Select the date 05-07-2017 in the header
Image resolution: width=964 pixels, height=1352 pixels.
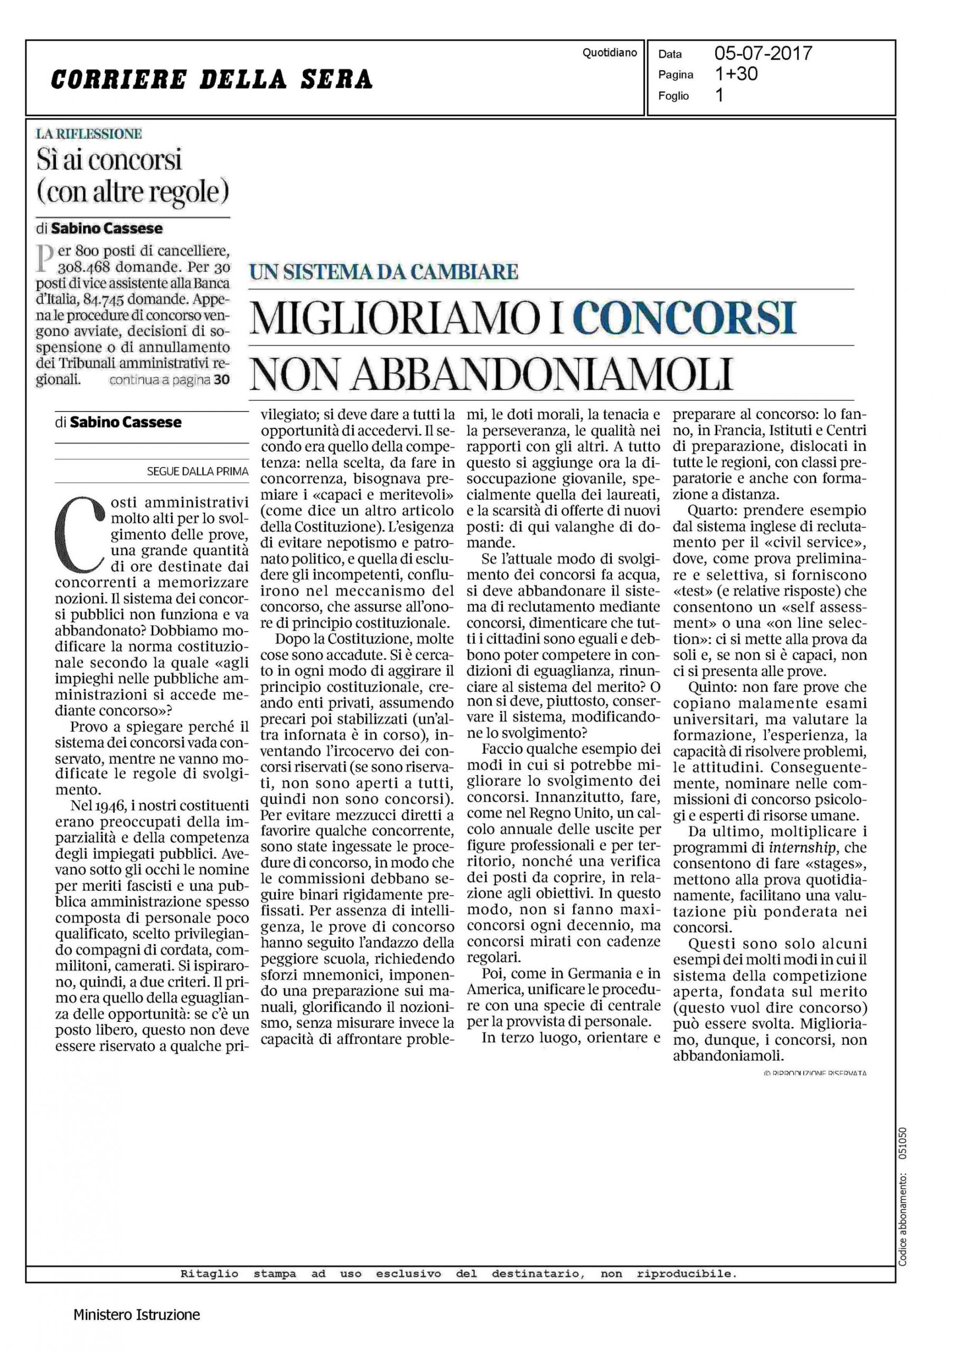coord(763,54)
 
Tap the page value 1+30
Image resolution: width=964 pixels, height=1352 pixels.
coord(736,74)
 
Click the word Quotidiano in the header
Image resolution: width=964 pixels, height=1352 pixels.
coord(609,53)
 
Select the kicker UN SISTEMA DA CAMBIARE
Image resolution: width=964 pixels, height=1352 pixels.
coord(383,272)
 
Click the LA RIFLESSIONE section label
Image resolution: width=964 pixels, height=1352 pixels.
coord(89,134)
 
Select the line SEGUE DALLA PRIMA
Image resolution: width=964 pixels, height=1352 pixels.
coord(197,471)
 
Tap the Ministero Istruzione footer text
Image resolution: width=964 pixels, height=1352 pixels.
coord(136,1314)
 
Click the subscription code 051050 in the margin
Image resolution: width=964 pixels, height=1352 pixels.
coord(903,1142)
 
